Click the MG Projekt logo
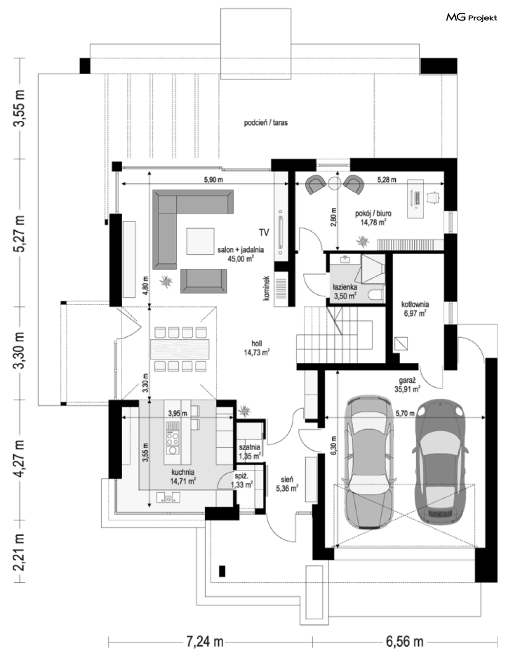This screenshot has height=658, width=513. click(471, 18)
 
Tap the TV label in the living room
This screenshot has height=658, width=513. click(264, 233)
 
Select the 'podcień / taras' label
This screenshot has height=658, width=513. click(266, 123)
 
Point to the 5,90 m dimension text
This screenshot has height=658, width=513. click(214, 179)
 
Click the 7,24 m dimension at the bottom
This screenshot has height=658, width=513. click(205, 641)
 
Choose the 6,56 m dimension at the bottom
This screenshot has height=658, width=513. click(405, 641)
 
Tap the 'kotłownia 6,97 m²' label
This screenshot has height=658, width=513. click(415, 308)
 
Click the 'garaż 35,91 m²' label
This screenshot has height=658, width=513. click(407, 384)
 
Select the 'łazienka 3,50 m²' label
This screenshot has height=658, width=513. click(345, 291)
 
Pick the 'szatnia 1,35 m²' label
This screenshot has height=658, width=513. click(250, 452)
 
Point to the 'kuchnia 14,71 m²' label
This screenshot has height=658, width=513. click(183, 477)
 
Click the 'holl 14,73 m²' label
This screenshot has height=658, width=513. click(256, 348)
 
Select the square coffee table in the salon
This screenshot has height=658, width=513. click(200, 241)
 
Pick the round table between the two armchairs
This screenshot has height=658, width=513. click(334, 183)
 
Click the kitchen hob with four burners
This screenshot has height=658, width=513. click(173, 438)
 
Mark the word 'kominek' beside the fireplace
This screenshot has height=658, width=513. click(266, 288)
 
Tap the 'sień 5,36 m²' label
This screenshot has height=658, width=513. click(287, 483)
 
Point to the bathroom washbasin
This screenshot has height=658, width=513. click(345, 260)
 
